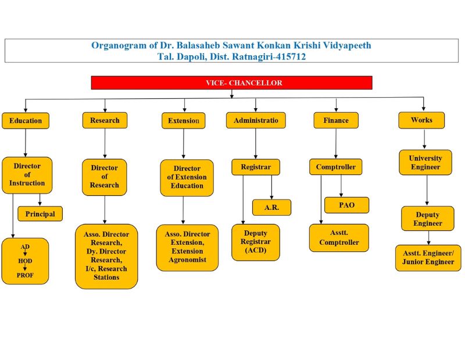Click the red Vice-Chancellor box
point(231,83)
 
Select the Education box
point(26,121)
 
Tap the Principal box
point(40,214)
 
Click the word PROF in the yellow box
point(25,275)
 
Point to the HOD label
point(25,261)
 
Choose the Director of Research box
point(105,177)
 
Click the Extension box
point(184,120)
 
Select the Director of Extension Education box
point(187,178)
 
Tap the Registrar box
point(256,167)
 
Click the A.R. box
point(271,208)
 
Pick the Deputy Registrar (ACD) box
point(256,242)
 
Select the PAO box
point(346,205)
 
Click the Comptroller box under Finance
point(336,167)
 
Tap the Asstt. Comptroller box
point(339,238)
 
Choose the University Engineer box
point(425,162)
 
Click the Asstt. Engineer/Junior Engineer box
point(428,258)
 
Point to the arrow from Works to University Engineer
point(424,139)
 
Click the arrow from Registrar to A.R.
point(271,187)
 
